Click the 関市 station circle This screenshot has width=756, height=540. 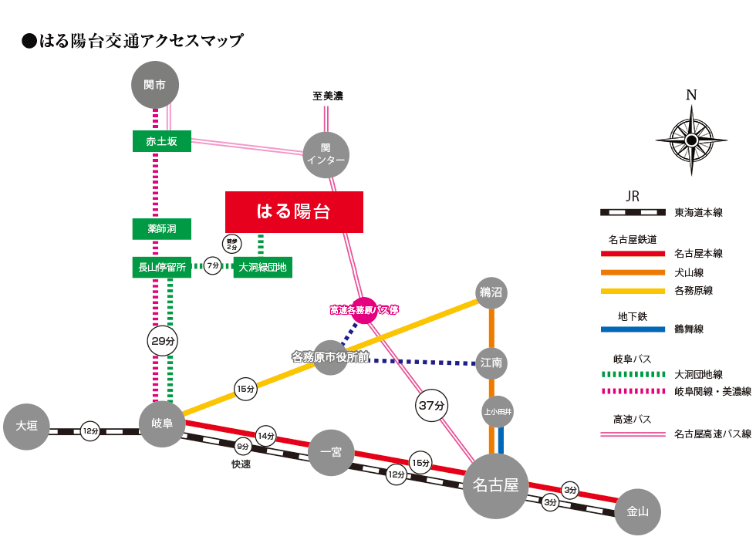coord(156,84)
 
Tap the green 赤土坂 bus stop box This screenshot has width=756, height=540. coord(161,141)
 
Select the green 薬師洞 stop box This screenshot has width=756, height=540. coord(161,229)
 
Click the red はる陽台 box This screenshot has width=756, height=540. coord(293,211)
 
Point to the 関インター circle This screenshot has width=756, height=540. coord(326,154)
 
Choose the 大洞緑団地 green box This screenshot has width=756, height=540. coord(262,268)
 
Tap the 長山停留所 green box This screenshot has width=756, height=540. coord(161,268)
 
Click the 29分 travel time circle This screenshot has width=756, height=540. coord(163,340)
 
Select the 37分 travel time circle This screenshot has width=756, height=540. coord(432,405)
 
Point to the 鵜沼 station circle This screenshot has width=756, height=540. coord(491,292)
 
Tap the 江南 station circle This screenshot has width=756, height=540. coord(491,362)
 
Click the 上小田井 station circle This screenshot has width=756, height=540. coord(498,412)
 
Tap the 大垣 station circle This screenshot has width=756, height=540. coord(26,426)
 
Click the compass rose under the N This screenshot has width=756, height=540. coord(691,140)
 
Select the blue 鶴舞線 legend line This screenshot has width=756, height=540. coord(633,329)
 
